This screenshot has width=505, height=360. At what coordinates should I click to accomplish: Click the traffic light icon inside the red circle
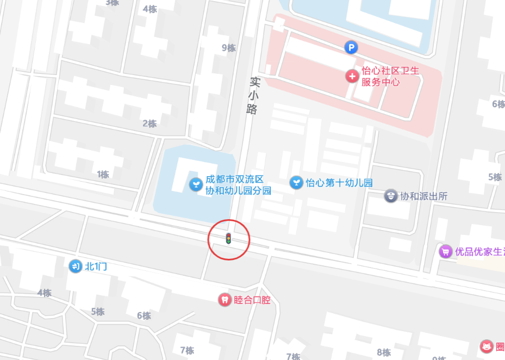tap(229, 238)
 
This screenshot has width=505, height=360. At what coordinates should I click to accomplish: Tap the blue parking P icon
tap(352, 48)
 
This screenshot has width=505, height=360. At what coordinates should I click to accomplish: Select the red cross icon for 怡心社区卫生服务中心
tap(352, 76)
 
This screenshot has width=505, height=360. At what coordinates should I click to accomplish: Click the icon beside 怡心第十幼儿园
tap(296, 182)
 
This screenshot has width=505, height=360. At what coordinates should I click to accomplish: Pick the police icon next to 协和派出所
tap(390, 196)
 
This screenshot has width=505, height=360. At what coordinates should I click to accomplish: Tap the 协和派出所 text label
tap(423, 196)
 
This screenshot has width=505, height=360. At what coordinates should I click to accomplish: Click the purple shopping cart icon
tap(445, 251)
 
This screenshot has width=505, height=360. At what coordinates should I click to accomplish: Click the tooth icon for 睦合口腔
tap(224, 299)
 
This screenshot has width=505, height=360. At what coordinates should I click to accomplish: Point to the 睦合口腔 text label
tap(252, 300)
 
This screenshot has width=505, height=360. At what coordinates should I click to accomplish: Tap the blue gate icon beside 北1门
tap(75, 266)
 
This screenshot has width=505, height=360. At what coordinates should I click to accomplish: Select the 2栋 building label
tap(149, 123)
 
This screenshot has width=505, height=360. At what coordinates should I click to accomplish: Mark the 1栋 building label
tap(103, 175)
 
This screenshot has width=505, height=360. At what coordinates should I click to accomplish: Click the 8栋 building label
tap(384, 352)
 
